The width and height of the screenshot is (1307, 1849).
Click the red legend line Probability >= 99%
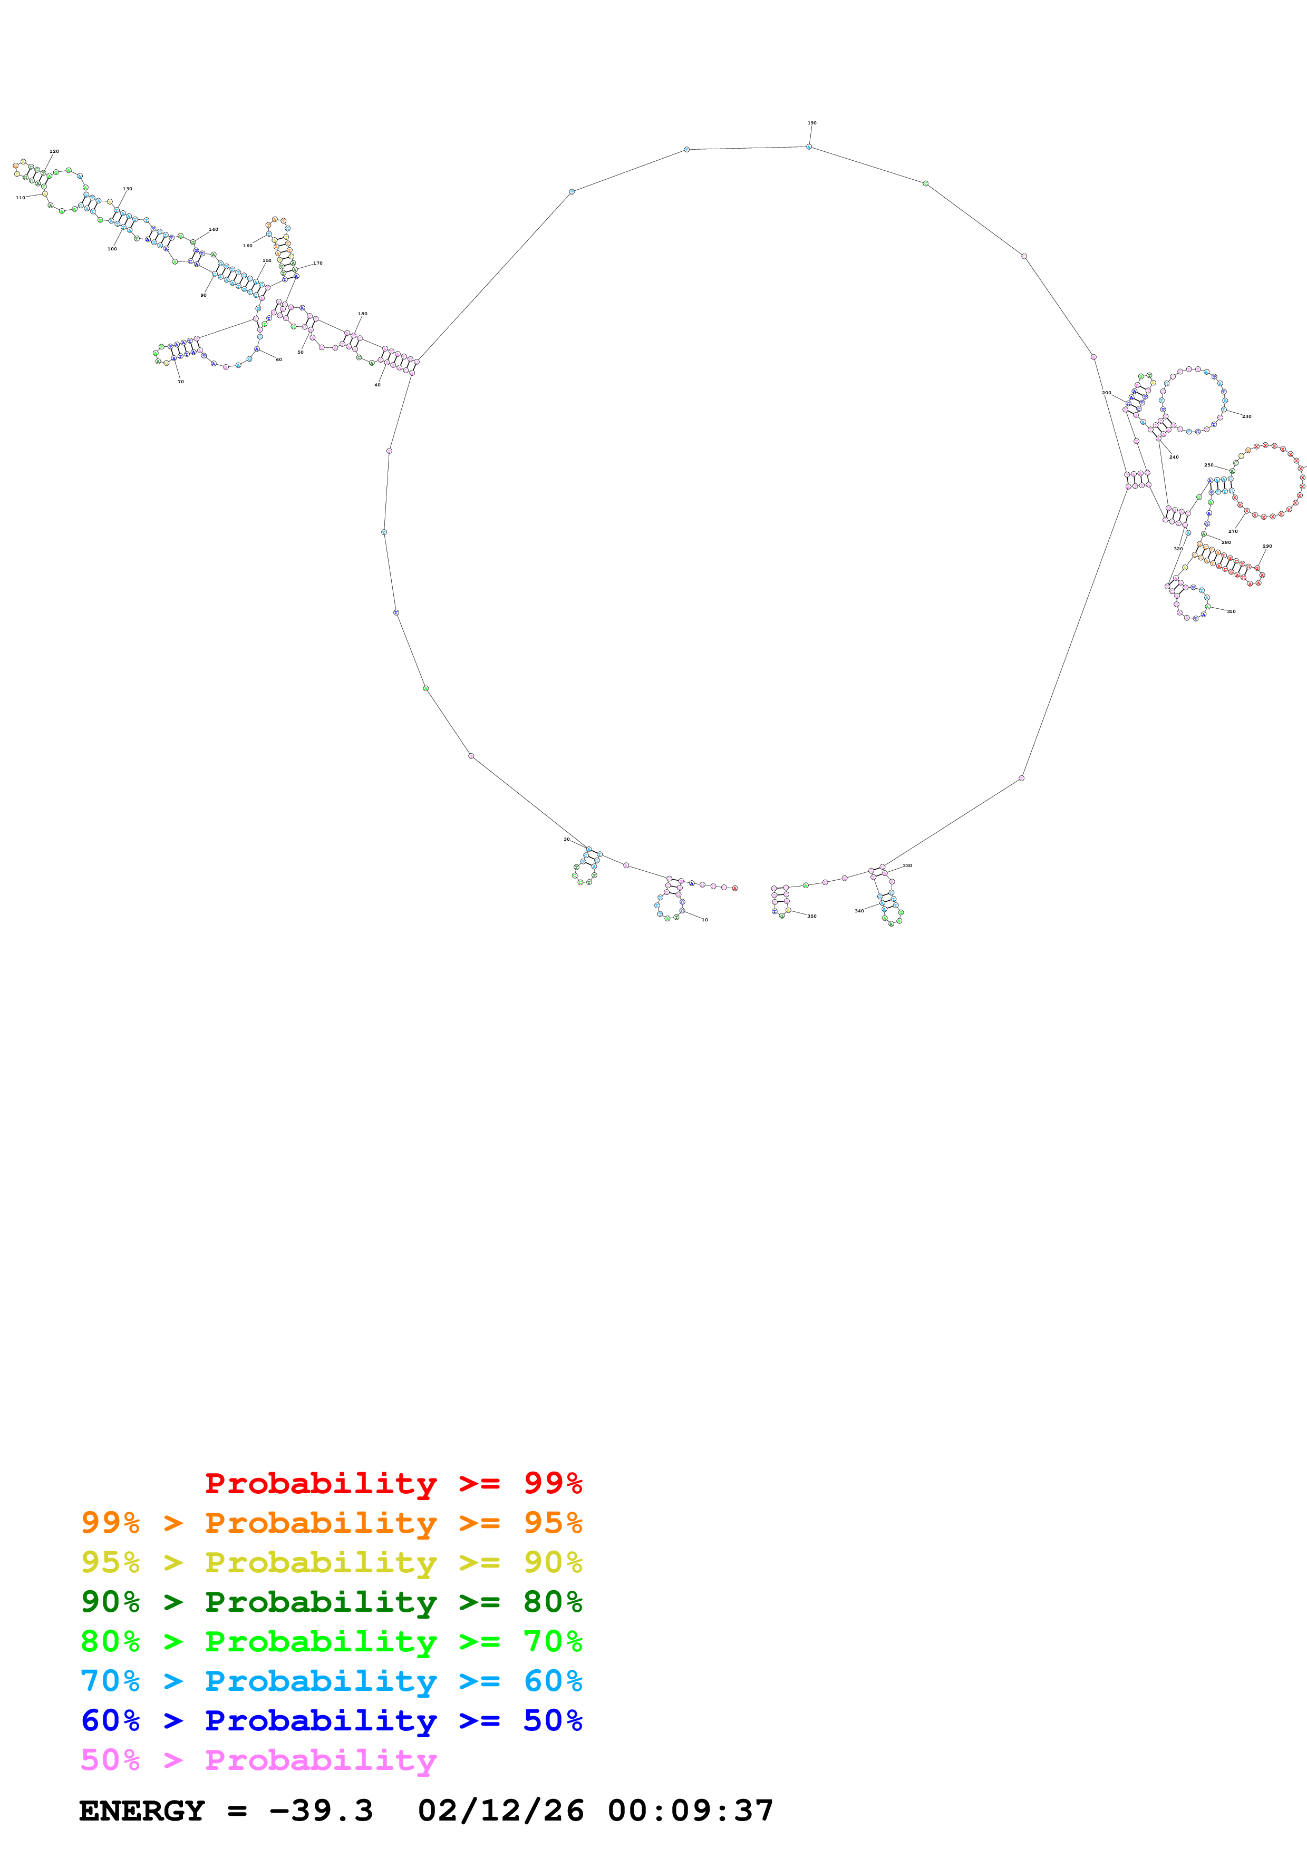pyautogui.click(x=393, y=1483)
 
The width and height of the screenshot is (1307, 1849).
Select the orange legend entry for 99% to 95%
pyautogui.click(x=331, y=1522)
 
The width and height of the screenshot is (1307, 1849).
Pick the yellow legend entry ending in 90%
pyautogui.click(x=331, y=1562)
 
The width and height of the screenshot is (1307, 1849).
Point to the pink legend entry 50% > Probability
pyautogui.click(x=258, y=1759)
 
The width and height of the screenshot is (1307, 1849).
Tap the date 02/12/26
pyautogui.click(x=500, y=1811)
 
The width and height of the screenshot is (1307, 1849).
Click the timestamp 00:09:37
pyautogui.click(x=690, y=1811)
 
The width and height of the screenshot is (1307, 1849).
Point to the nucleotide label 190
pyautogui.click(x=812, y=123)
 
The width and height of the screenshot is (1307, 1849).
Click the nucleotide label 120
pyautogui.click(x=54, y=151)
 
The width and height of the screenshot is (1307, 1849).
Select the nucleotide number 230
pyautogui.click(x=1246, y=416)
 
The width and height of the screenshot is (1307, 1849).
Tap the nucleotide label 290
pyautogui.click(x=1267, y=546)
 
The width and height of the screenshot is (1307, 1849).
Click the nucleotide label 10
pyautogui.click(x=704, y=920)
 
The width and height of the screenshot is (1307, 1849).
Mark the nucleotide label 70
pyautogui.click(x=180, y=382)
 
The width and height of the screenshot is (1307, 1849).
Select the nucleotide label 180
pyautogui.click(x=362, y=314)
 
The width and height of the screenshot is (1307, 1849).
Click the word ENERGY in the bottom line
pyautogui.click(x=142, y=1811)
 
